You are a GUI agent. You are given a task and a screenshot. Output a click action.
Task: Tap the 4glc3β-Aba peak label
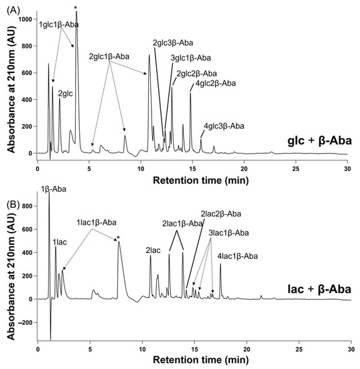[224, 125]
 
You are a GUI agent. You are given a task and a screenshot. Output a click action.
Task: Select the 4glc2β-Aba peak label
[215, 83]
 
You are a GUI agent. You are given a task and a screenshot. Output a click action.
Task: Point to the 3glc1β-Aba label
[192, 58]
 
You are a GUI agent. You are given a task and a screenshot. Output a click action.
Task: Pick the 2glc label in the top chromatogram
[65, 94]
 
